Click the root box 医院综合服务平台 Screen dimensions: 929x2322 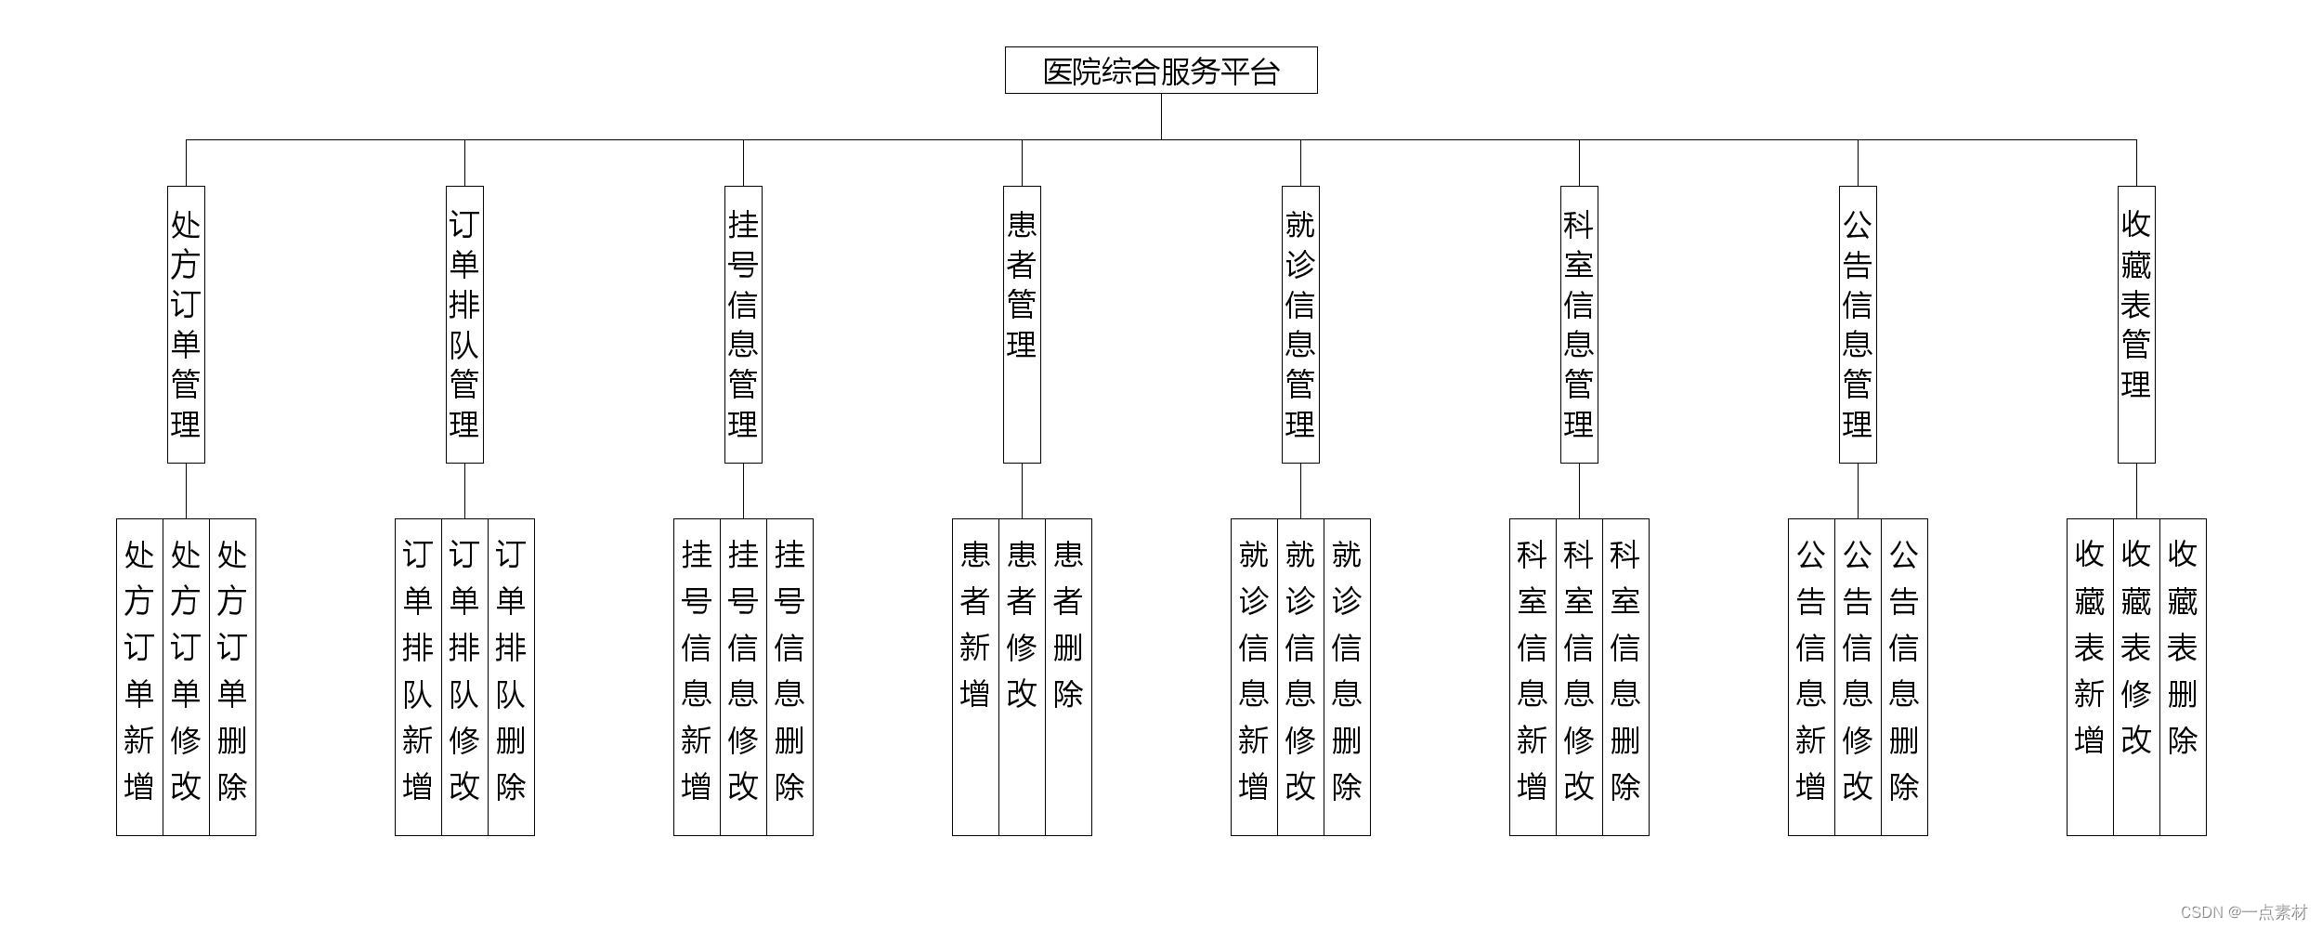click(x=1161, y=71)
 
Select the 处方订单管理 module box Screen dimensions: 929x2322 click(x=186, y=324)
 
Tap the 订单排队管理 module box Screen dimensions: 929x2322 click(x=464, y=324)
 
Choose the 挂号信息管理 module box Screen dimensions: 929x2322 click(x=743, y=324)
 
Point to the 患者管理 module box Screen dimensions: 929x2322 click(x=1022, y=324)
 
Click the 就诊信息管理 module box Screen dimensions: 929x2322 click(x=1300, y=324)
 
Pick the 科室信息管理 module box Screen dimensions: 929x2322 click(x=1579, y=324)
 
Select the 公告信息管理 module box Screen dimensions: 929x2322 click(x=1858, y=324)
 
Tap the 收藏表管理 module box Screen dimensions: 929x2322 click(x=2136, y=324)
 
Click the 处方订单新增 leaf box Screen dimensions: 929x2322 click(x=139, y=676)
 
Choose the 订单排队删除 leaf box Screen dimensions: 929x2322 click(x=511, y=676)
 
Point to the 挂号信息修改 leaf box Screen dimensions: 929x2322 click(x=743, y=676)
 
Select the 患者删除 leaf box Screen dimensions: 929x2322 click(x=1068, y=676)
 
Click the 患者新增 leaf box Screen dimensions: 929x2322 click(x=975, y=676)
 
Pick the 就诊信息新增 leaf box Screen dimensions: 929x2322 click(x=1254, y=676)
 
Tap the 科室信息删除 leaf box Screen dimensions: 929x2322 click(x=1625, y=676)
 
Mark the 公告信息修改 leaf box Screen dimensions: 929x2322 click(x=1858, y=676)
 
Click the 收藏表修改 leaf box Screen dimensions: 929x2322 click(x=2136, y=676)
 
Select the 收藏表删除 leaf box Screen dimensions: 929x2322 click(x=2183, y=676)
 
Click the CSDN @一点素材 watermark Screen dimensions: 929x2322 click(x=2243, y=911)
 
